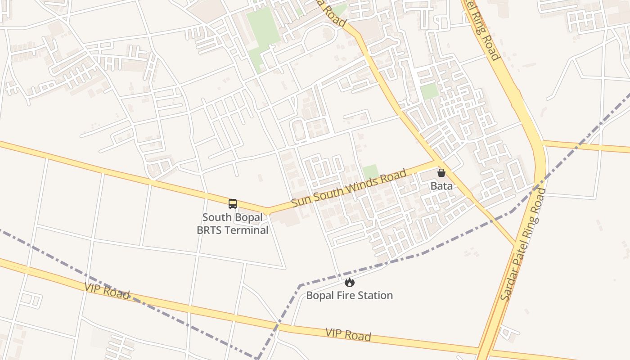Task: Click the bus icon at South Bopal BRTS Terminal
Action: coord(233,204)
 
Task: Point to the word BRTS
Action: coord(209,230)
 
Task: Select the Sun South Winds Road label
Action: coord(349,188)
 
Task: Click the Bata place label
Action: coord(441,185)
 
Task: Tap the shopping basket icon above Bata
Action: coord(441,173)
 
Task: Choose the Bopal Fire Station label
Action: coord(350,296)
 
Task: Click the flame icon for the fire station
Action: coord(350,283)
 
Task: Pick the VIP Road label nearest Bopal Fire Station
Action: coord(348,334)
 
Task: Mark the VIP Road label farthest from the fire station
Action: coord(107,290)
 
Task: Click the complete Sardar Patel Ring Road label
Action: coord(523,245)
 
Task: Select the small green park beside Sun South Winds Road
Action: coord(371,172)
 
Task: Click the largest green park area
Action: coord(263,36)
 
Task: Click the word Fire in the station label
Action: coord(342,296)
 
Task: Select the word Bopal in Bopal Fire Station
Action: coord(319,296)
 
